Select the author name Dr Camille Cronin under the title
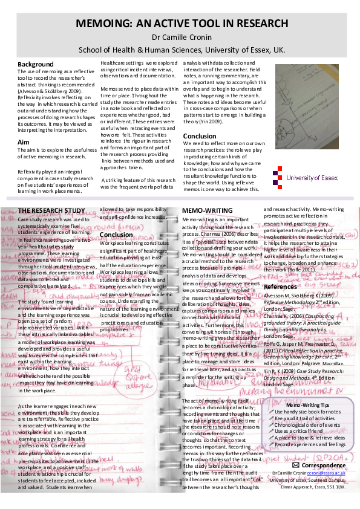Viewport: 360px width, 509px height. [x=181, y=37]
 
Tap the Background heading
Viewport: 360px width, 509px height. [x=36, y=64]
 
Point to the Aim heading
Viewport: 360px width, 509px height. [x=24, y=143]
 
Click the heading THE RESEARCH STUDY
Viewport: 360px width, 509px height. [x=51, y=210]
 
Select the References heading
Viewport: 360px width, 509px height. [x=281, y=287]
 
